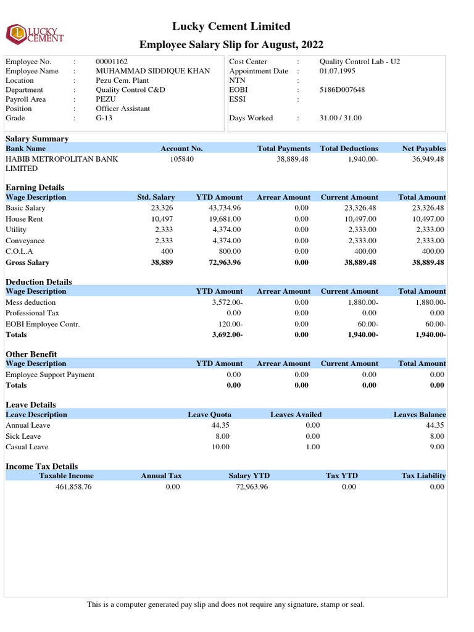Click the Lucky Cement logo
35,34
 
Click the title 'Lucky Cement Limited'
231,27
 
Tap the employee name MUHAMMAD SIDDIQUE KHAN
152,71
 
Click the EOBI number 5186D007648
342,89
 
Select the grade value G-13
105,117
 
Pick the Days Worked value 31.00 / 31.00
341,118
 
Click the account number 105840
181,159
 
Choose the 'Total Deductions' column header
349,149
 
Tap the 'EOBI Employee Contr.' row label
43,324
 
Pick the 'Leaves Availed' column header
296,415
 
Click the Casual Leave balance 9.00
437,447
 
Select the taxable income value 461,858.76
73,487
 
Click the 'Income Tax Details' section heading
42,466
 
